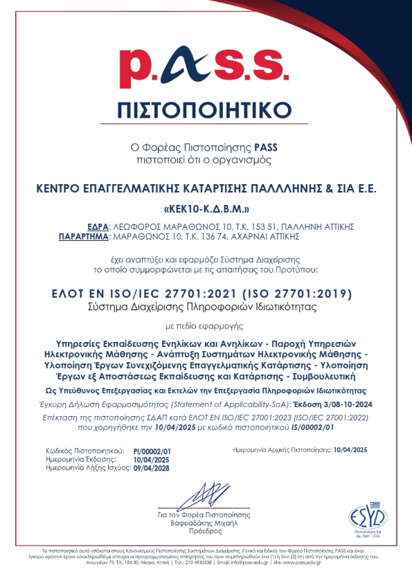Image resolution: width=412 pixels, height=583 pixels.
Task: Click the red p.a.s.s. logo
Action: [x=206, y=67]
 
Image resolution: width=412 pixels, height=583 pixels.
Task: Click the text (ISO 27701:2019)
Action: [x=301, y=293]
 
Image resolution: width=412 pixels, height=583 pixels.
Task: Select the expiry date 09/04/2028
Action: [x=152, y=468]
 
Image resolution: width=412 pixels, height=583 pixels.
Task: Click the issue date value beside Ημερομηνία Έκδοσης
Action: [x=150, y=460]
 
